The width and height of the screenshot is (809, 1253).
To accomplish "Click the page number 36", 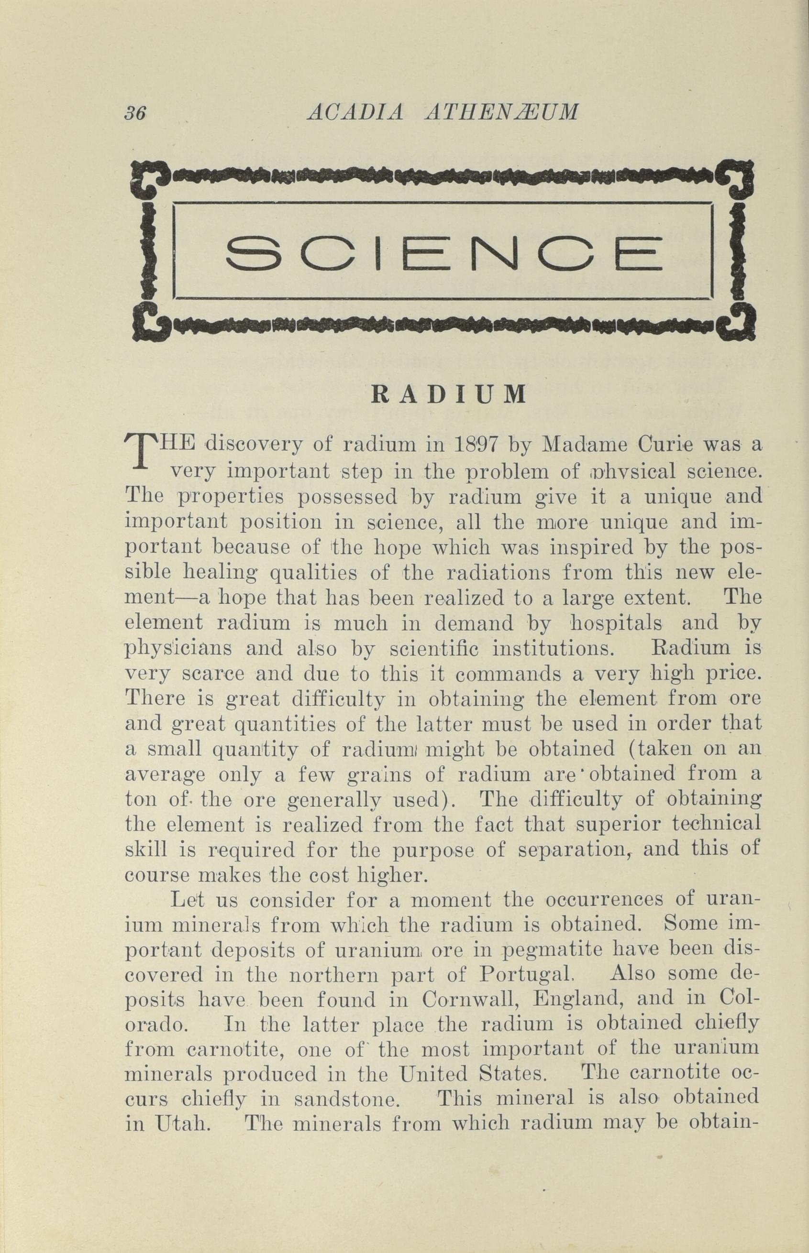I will tap(134, 112).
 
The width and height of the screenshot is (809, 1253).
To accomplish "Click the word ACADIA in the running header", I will tap(355, 111).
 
